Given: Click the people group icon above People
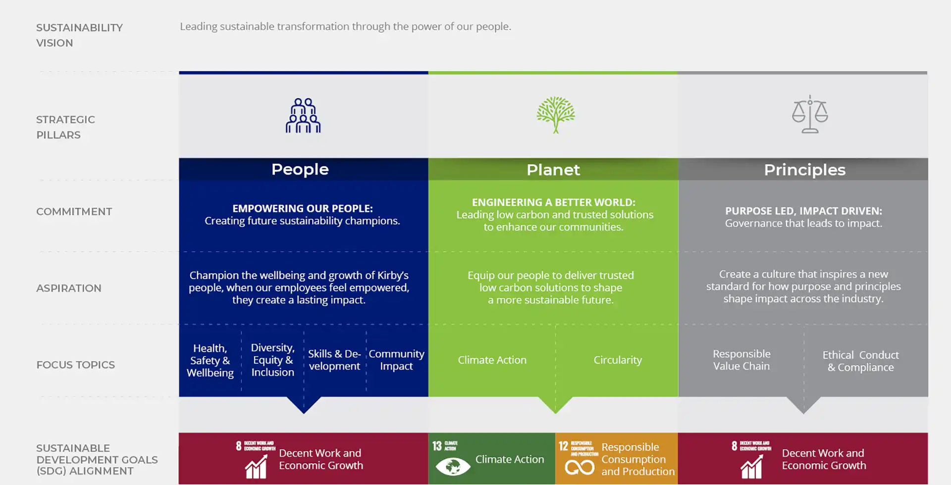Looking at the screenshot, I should point(303,115).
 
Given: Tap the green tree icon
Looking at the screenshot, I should point(556,114).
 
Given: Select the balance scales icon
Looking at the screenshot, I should point(810,114).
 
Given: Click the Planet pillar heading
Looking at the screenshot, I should point(553,170).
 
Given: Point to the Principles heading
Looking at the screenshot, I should point(804,170).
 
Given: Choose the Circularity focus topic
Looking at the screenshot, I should point(618,360).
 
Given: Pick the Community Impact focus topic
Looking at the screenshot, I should point(396,360).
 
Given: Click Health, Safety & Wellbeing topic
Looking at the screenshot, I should point(210,360).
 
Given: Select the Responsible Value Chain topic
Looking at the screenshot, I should point(741,360).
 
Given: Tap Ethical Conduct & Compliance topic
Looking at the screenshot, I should point(861,361).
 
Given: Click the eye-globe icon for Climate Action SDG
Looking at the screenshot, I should point(453,466).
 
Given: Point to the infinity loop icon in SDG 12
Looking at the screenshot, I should point(579,467).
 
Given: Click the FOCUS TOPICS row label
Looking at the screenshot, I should point(75,365).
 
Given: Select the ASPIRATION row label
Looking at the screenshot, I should point(68,288).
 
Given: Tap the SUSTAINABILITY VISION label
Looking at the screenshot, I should point(79,35).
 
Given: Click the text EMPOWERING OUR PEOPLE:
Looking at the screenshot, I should point(303,208).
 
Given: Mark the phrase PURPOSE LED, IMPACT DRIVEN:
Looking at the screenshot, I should point(803,211).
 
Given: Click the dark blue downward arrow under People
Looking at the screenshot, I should point(304,404).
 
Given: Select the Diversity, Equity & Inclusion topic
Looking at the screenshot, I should point(272,360).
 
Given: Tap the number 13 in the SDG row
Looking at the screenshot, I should point(437,446).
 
